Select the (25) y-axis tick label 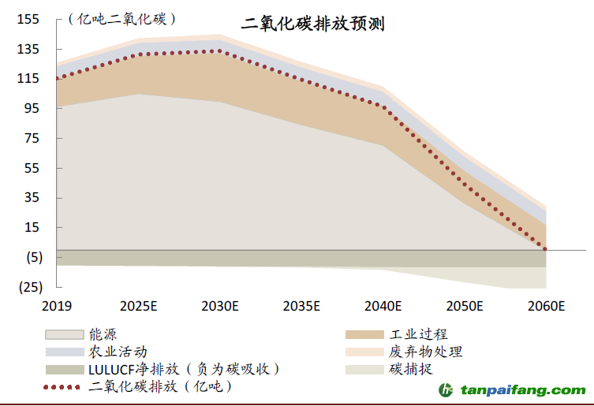click(x=29, y=287)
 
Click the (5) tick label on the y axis click(x=32, y=258)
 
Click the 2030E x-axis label click(x=219, y=307)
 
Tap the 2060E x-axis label click(x=546, y=307)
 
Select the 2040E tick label click(x=383, y=307)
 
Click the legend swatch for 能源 click(x=63, y=335)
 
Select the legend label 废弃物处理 click(x=425, y=352)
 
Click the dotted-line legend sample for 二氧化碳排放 click(x=63, y=386)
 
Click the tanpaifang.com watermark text click(x=523, y=389)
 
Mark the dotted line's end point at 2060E click(x=546, y=250)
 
